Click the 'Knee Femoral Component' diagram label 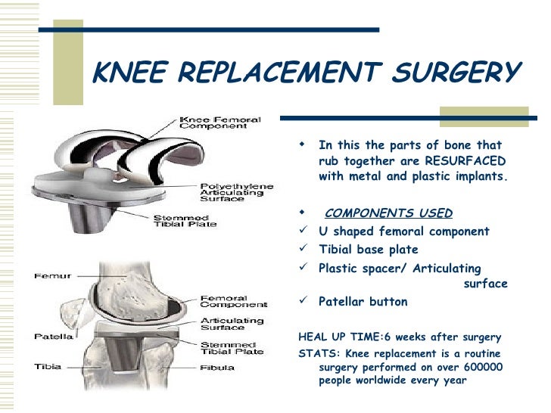[219, 123]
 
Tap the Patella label [51, 334]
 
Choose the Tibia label [46, 367]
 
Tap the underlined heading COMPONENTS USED [388, 213]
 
